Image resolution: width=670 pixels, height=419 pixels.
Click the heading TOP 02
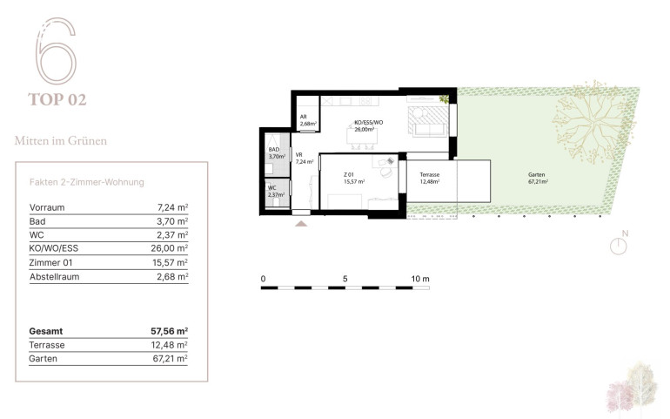pyautogui.click(x=57, y=99)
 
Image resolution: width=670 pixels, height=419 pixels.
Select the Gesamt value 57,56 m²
pyautogui.click(x=169, y=331)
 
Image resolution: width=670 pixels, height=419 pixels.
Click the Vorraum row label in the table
pyautogui.click(x=47, y=207)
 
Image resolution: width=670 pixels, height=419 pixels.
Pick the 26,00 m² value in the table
pyautogui.click(x=169, y=248)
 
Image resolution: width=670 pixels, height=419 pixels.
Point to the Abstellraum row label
pyautogui.click(x=54, y=276)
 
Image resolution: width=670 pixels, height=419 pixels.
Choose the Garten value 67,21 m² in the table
pyautogui.click(x=170, y=358)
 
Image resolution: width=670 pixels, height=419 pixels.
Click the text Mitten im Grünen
pyautogui.click(x=61, y=140)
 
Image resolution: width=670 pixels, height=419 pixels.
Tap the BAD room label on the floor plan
pyautogui.click(x=274, y=149)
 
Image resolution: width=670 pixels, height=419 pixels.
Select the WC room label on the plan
pyautogui.click(x=271, y=188)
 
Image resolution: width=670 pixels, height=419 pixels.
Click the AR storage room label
pyautogui.click(x=304, y=117)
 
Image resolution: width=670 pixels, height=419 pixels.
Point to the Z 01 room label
pyautogui.click(x=349, y=174)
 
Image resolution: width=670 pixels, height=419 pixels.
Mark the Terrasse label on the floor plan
pyautogui.click(x=430, y=174)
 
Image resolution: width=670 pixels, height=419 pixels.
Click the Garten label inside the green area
pyautogui.click(x=536, y=174)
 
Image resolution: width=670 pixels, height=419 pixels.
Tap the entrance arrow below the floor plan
pyautogui.click(x=301, y=223)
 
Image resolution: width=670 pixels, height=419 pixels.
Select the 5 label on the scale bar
pyautogui.click(x=345, y=279)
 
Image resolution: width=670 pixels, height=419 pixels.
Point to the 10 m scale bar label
pyautogui.click(x=420, y=279)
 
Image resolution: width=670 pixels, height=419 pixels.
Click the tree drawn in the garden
pyautogui.click(x=593, y=123)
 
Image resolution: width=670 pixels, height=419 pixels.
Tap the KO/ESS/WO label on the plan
pyautogui.click(x=369, y=123)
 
